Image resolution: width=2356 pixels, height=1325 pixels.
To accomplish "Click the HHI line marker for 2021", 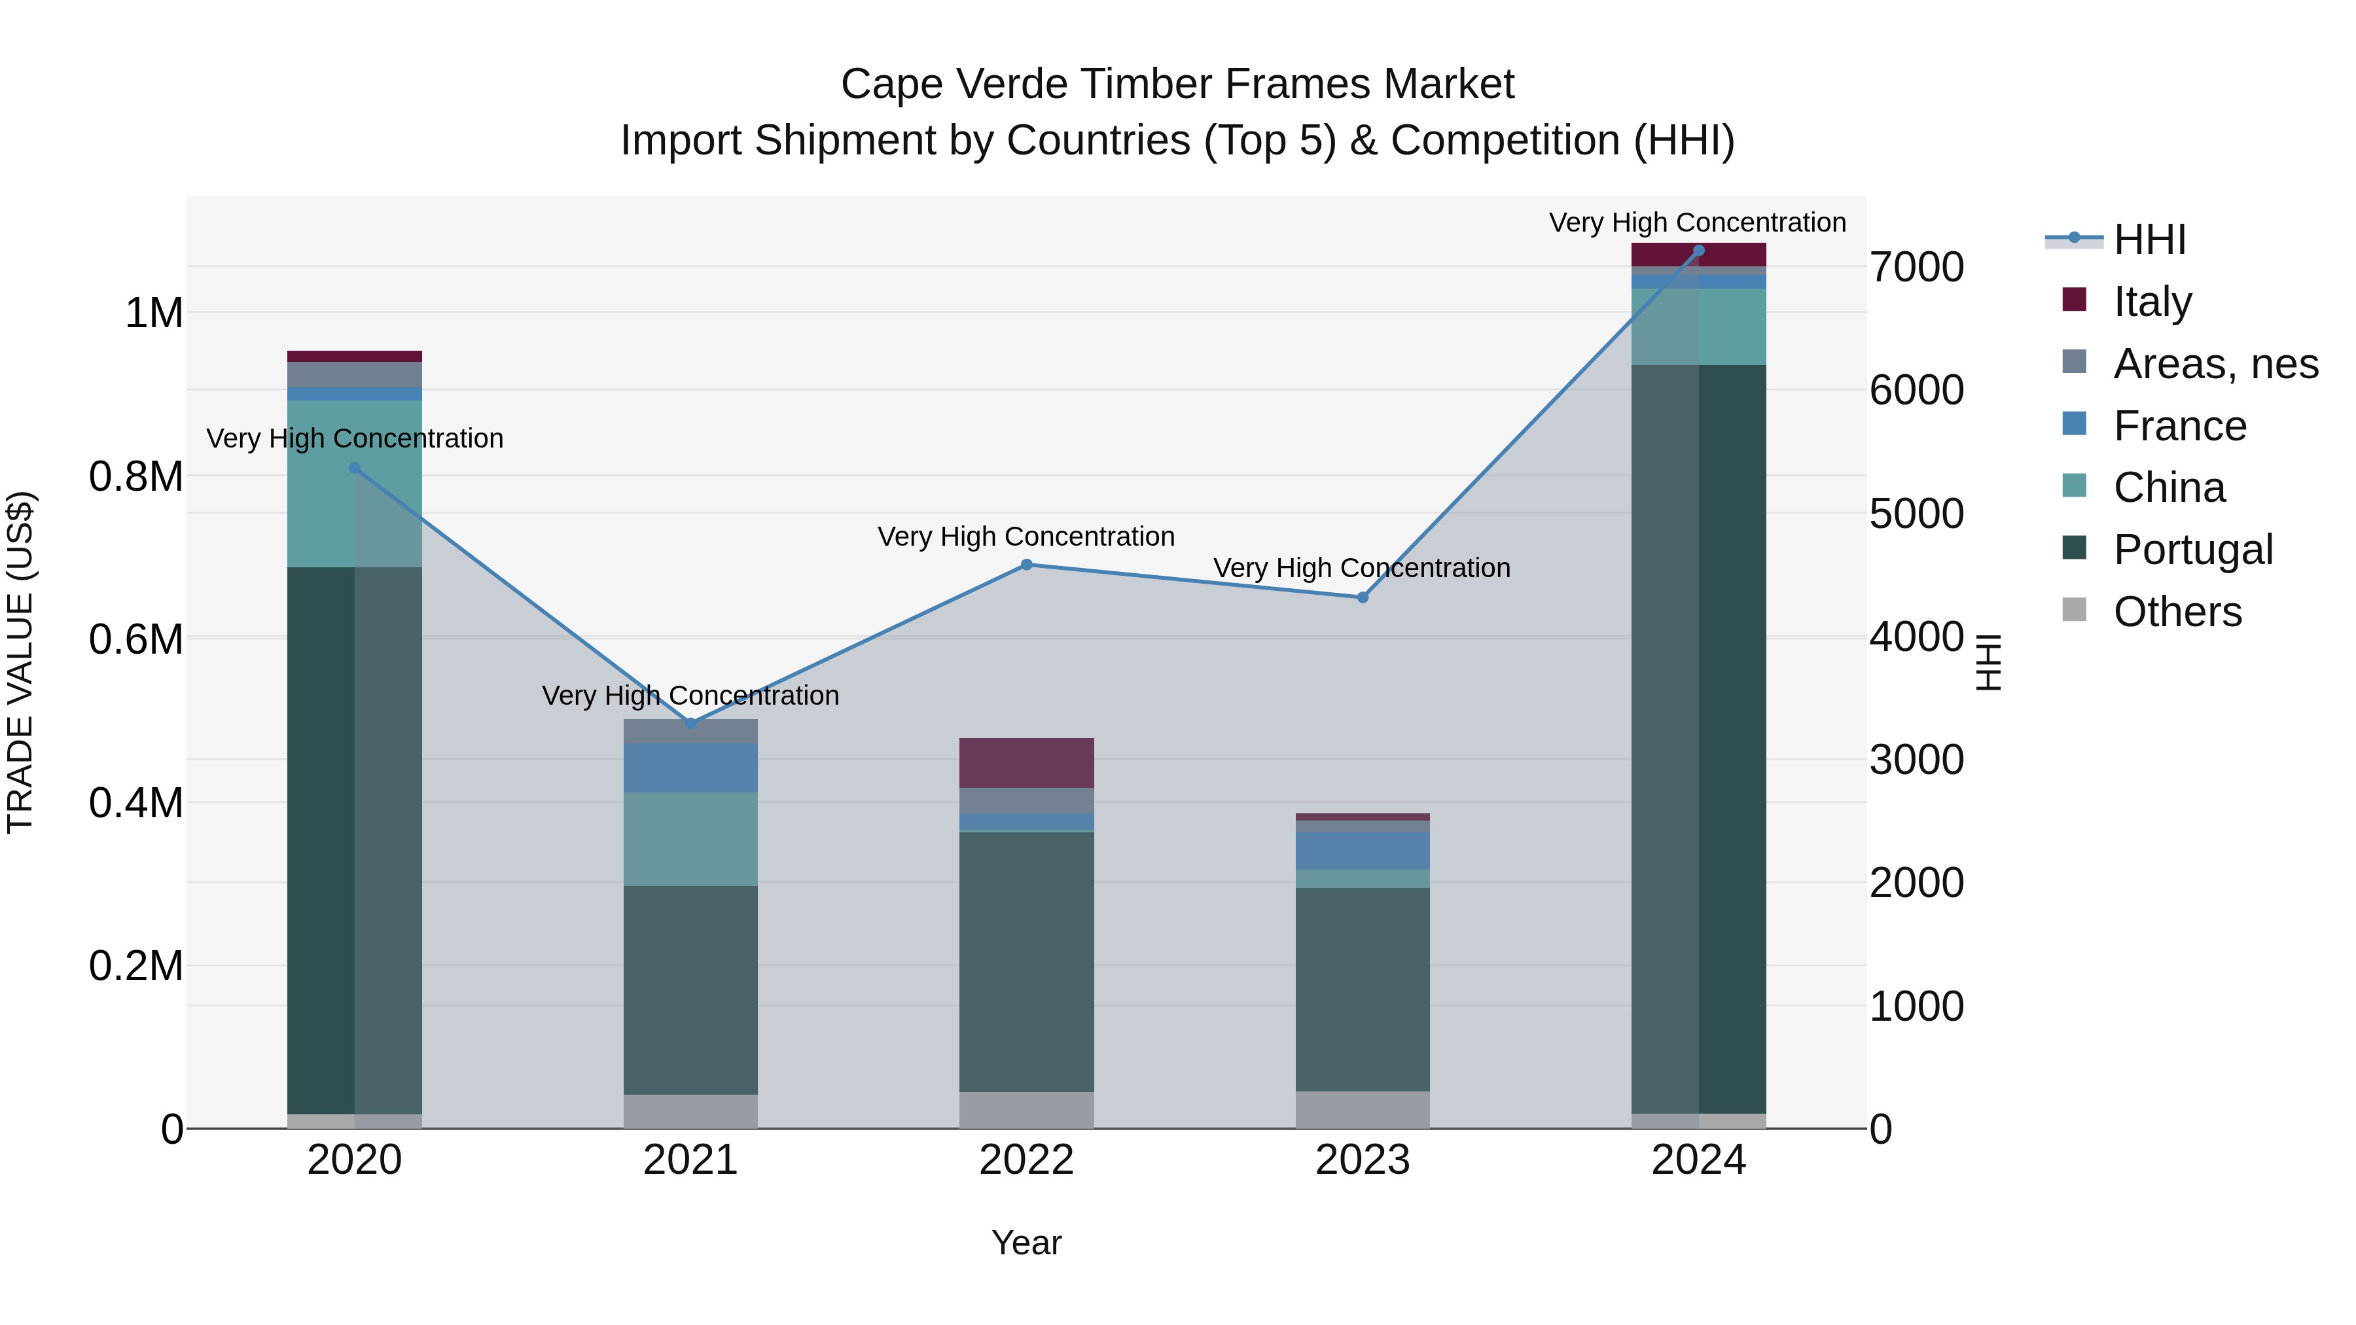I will click(x=690, y=723).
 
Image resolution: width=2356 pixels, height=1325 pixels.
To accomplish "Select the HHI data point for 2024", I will click(x=1698, y=250).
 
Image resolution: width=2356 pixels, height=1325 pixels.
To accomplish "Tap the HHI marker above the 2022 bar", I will click(x=1026, y=565).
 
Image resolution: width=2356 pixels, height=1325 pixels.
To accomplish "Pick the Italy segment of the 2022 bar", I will click(x=1026, y=763).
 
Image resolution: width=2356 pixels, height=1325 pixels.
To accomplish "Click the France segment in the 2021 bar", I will click(x=690, y=768).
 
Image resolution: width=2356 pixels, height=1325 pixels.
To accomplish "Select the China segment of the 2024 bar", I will click(x=1698, y=327).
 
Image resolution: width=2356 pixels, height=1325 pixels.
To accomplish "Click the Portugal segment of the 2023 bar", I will click(x=1362, y=989).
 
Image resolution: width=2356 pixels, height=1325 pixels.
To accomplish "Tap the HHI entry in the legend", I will click(x=2149, y=239).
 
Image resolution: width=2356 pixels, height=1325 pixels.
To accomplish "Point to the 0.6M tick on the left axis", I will click(x=135, y=639).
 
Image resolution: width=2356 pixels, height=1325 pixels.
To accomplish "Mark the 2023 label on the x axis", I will click(x=1362, y=1160).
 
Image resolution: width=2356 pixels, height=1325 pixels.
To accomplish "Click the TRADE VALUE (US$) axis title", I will click(x=20, y=662).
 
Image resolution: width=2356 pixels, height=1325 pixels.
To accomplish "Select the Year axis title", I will click(x=1026, y=1243).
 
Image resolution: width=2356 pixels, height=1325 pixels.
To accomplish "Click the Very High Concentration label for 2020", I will click(x=355, y=439).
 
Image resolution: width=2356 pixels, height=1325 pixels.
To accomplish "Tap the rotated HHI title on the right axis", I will click(x=1988, y=662).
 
